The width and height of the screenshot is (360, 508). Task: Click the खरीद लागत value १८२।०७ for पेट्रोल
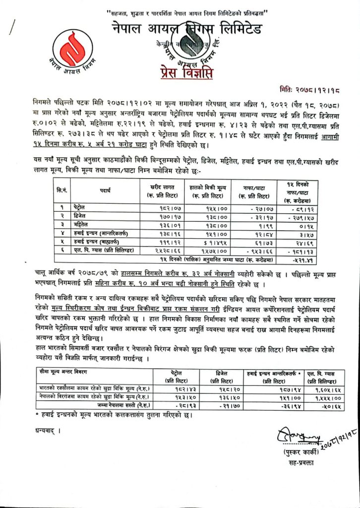160,206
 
